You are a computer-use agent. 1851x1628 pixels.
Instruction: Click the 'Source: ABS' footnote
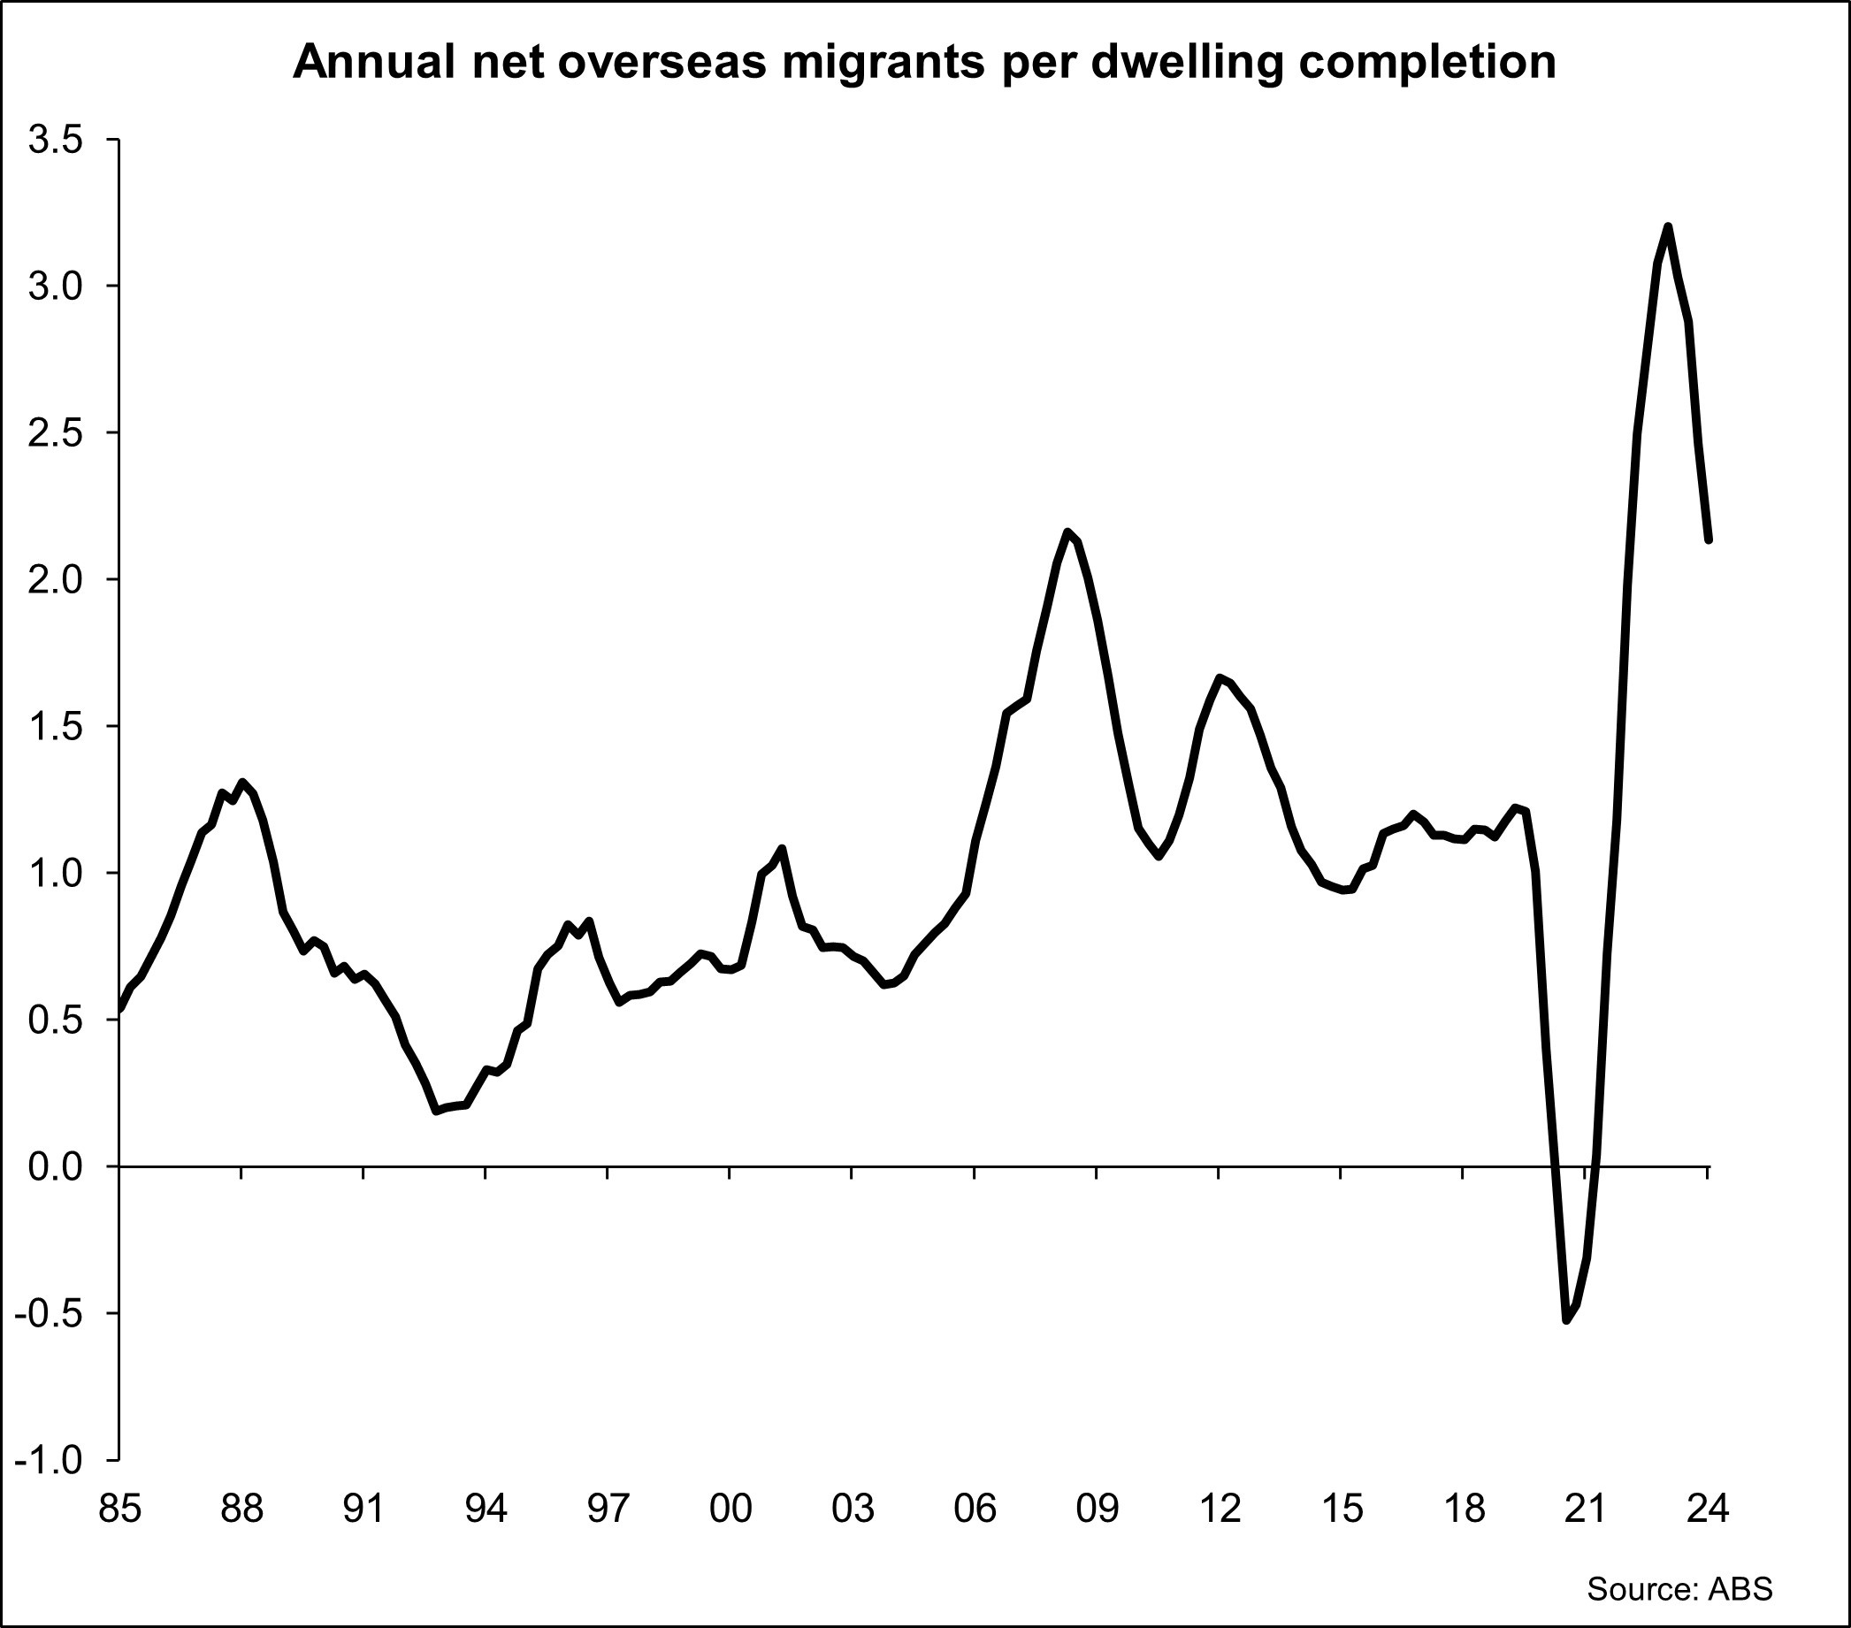click(1679, 1589)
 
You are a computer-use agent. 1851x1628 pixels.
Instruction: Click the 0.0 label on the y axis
click(55, 1167)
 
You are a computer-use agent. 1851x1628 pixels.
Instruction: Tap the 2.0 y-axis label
click(55, 580)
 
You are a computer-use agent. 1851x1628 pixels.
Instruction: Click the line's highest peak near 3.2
click(1667, 226)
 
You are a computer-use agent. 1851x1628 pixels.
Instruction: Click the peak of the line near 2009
click(1067, 531)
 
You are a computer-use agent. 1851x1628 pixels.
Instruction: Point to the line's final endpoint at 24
click(1708, 540)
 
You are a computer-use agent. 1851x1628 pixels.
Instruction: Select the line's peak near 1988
click(241, 782)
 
